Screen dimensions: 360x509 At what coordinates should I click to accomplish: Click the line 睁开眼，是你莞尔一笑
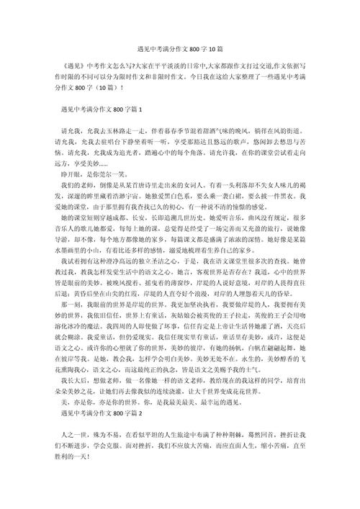(97, 194)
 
